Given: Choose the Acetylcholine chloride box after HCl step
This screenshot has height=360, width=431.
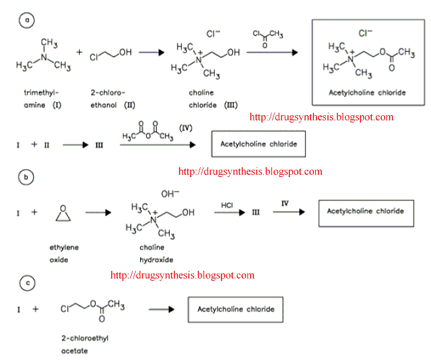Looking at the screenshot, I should [x=365, y=212].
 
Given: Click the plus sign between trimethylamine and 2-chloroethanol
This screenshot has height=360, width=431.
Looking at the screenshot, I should [x=78, y=52].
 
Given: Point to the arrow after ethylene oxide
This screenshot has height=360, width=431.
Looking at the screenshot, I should [x=98, y=213].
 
